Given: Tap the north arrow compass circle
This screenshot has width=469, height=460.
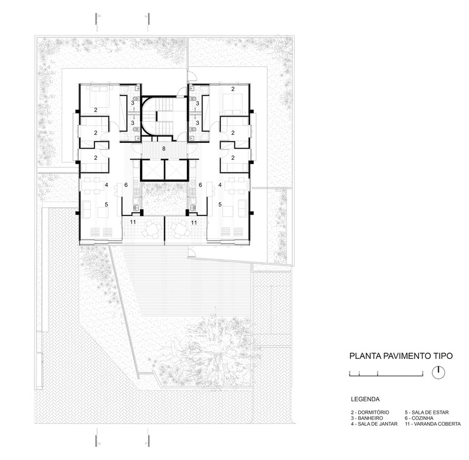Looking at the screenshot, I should [x=440, y=372].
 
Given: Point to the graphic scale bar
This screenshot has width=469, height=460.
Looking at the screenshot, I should [x=385, y=373].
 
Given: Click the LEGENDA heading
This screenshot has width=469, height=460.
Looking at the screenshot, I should [x=365, y=398].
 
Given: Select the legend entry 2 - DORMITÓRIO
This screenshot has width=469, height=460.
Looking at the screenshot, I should [x=370, y=413].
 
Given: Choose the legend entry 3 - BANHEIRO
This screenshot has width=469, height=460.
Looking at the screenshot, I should [x=368, y=418].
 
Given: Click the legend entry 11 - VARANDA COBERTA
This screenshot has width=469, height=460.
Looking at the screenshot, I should [x=432, y=424].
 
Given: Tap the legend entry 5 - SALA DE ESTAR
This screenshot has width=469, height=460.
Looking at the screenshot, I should [x=427, y=413].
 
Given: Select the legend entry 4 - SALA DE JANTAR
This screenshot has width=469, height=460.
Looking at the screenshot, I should [x=374, y=424].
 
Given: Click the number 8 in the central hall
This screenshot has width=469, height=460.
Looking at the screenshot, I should [x=164, y=149].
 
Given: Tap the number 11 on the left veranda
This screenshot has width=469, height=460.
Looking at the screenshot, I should [x=133, y=222].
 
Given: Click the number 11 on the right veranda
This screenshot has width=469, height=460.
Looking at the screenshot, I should [x=194, y=222].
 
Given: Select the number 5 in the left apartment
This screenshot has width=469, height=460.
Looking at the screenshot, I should [x=107, y=204].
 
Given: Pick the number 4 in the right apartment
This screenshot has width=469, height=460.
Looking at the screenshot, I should [x=220, y=185].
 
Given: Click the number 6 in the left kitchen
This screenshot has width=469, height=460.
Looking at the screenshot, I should [x=126, y=185].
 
